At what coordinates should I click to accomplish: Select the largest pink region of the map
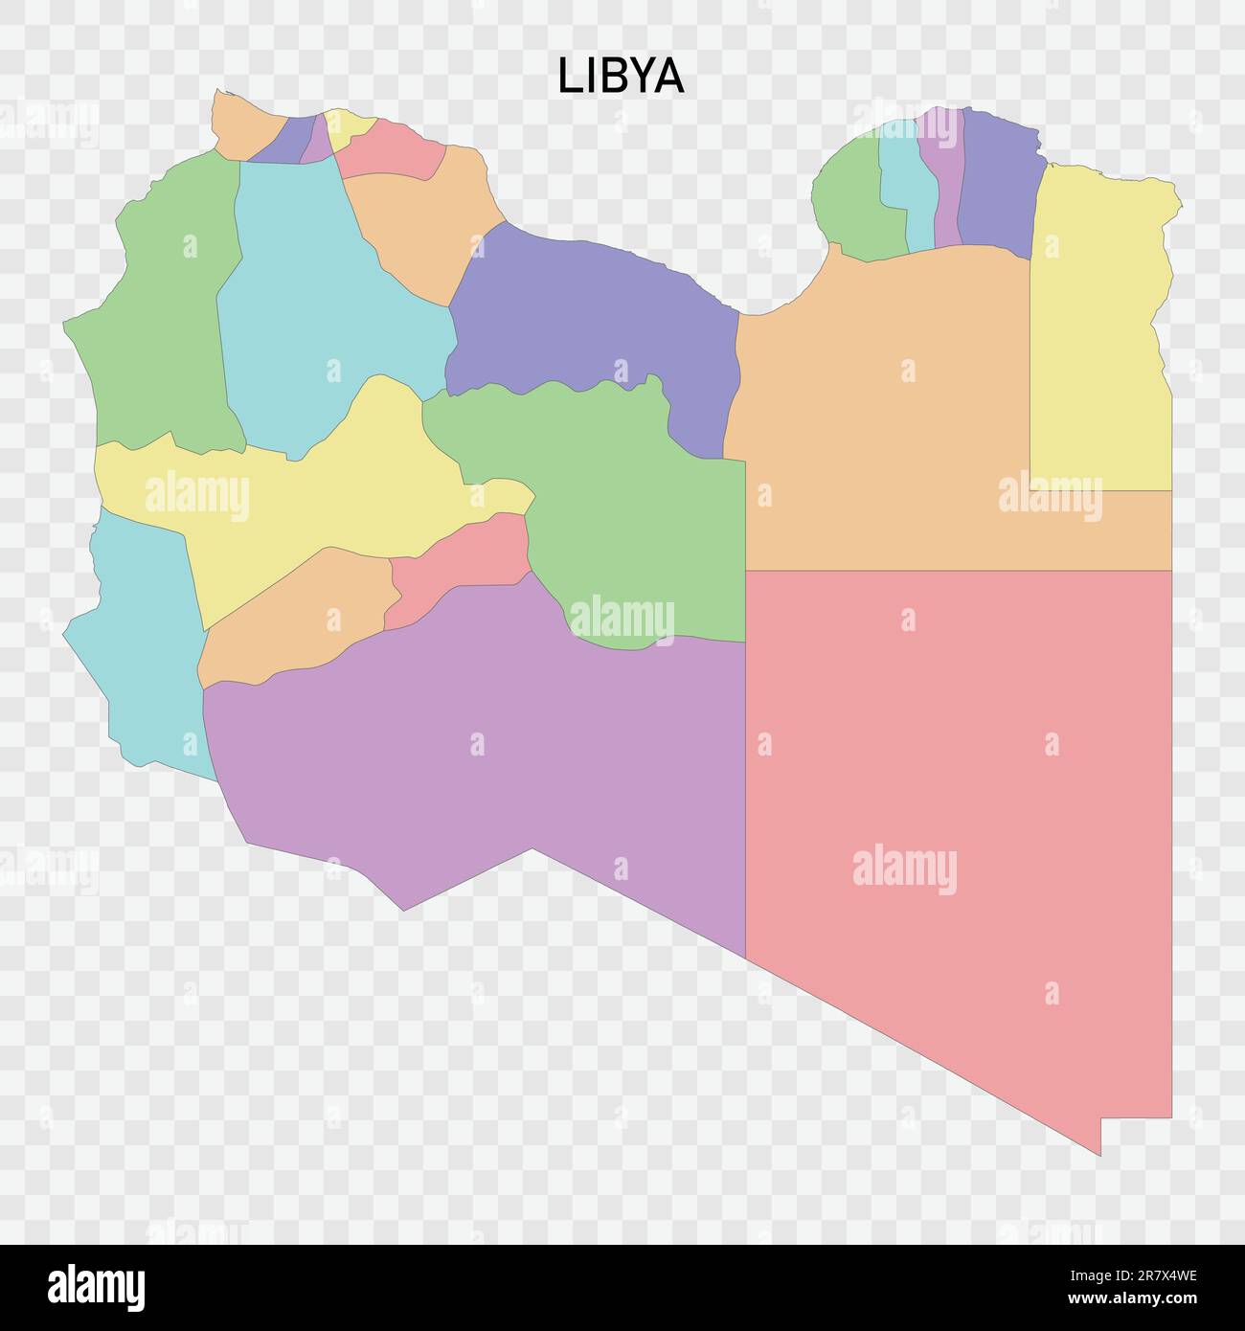[958, 814]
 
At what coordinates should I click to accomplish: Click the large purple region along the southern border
[479, 766]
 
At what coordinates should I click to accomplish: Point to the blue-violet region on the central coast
[594, 316]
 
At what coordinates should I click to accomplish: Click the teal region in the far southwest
[144, 651]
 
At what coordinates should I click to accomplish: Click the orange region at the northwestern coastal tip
[244, 124]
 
